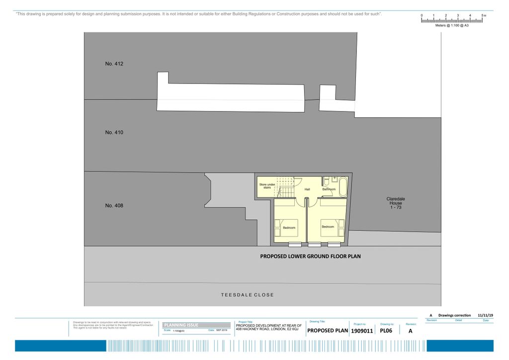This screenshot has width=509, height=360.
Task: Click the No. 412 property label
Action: pos(114,64)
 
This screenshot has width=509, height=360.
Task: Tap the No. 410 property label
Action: pos(114,133)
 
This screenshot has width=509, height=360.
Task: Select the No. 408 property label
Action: pos(114,205)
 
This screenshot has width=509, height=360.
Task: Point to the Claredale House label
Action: pos(396,203)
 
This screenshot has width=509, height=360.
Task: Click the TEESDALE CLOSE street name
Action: pos(247,295)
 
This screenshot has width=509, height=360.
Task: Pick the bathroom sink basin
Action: pos(336,179)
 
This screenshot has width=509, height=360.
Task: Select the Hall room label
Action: pos(307,189)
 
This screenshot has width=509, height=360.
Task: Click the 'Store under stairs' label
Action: pos(266,186)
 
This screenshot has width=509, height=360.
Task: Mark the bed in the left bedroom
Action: pos(286,227)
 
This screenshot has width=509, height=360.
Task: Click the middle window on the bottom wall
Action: pos(314,245)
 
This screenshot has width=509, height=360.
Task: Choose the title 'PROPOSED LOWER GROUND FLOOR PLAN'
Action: pos(310,257)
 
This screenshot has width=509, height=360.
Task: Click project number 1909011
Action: pos(362,331)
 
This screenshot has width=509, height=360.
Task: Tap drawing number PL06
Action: pos(387,330)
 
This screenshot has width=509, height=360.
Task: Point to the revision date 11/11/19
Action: pos(485,315)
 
